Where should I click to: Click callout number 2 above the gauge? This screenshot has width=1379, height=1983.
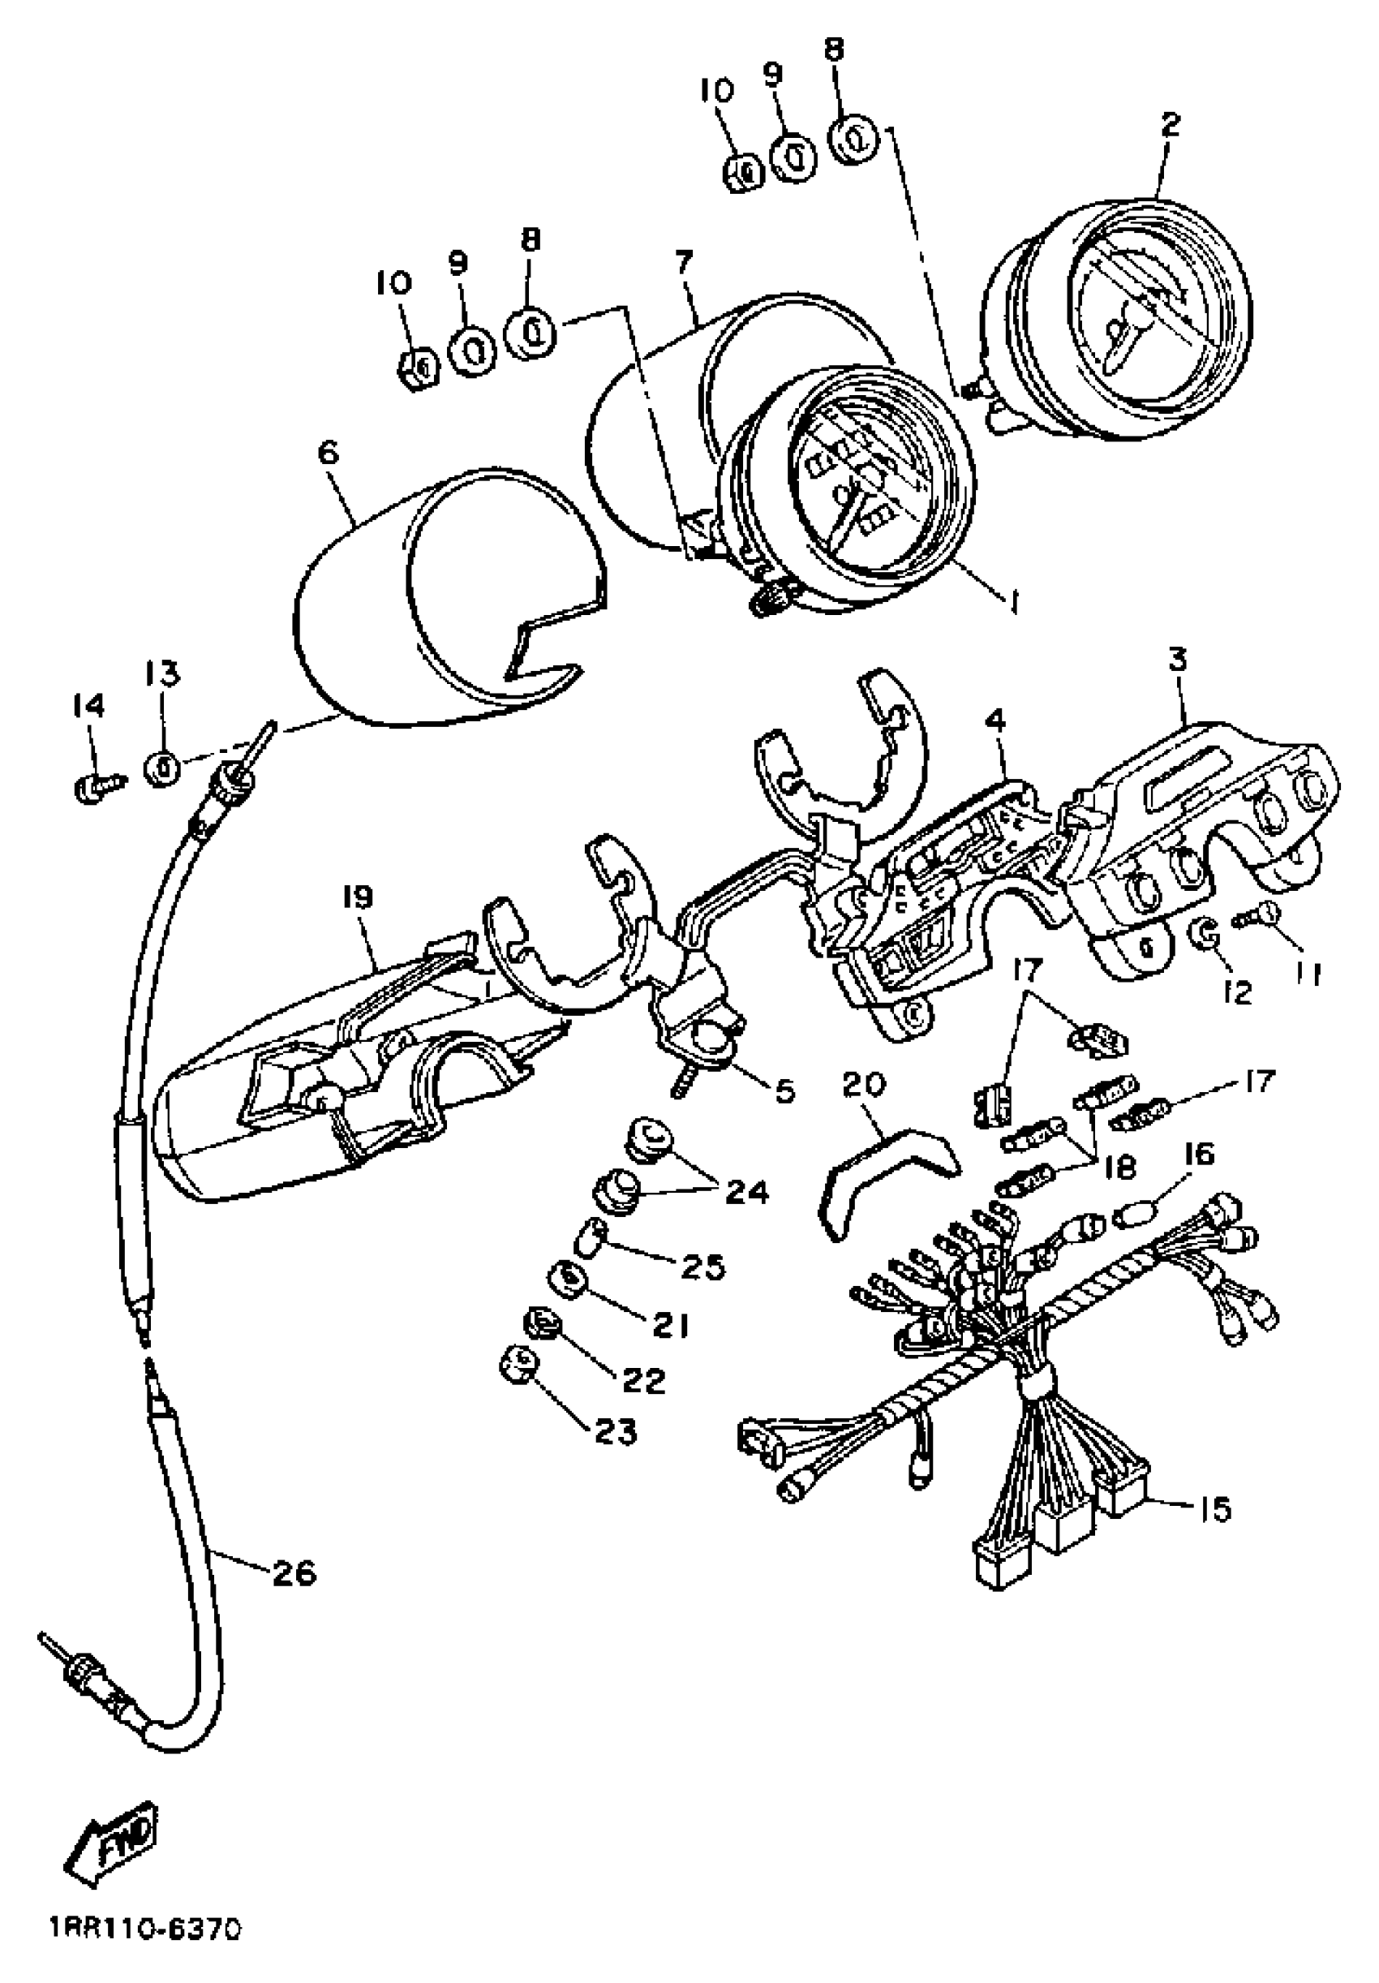point(1169,125)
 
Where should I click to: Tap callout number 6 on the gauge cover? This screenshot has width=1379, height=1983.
point(329,454)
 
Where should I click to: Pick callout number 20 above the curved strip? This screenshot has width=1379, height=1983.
point(862,1085)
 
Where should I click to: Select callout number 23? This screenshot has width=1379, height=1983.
point(615,1432)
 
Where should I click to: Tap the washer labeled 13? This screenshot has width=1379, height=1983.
point(163,767)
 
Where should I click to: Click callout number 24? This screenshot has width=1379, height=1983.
point(746,1192)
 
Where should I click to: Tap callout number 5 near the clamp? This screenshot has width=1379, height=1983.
point(784,1090)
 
